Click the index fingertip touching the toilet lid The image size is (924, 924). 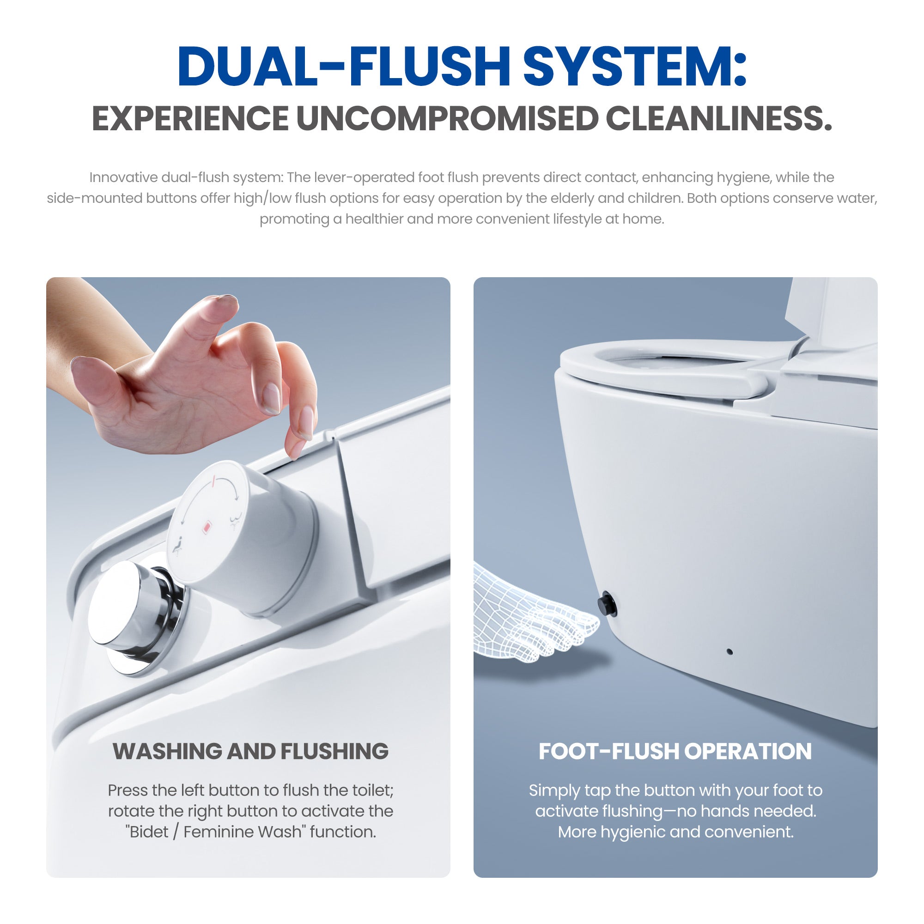pyautogui.click(x=294, y=451)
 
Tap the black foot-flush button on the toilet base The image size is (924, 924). pyautogui.click(x=608, y=603)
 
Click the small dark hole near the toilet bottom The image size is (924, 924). pyautogui.click(x=729, y=651)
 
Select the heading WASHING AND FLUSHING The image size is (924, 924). pyautogui.click(x=250, y=751)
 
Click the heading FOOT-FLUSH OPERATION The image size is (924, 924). pyautogui.click(x=675, y=751)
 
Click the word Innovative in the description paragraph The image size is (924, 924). pyautogui.click(x=123, y=177)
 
